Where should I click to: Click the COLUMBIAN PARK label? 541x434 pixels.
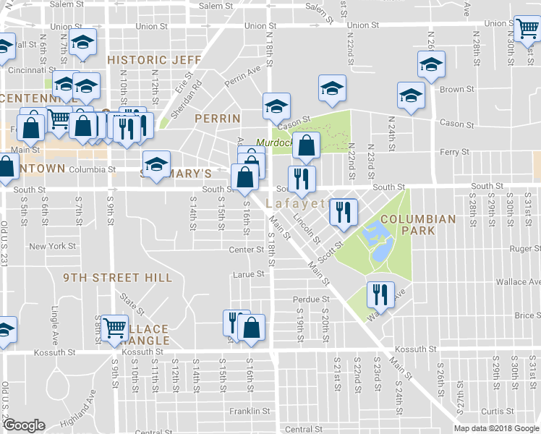[418, 224]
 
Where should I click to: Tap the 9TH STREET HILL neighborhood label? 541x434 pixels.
[117, 278]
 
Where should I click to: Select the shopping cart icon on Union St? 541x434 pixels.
[527, 29]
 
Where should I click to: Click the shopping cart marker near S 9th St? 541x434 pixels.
[114, 326]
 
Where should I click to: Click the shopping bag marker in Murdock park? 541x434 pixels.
[307, 144]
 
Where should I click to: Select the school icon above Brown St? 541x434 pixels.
[431, 65]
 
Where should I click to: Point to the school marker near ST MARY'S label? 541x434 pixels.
[156, 163]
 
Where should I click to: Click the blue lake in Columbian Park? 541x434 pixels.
[376, 242]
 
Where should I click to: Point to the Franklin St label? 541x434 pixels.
[250, 411]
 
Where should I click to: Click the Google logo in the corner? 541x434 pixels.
[24, 425]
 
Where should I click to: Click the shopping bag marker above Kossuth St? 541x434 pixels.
[251, 326]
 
